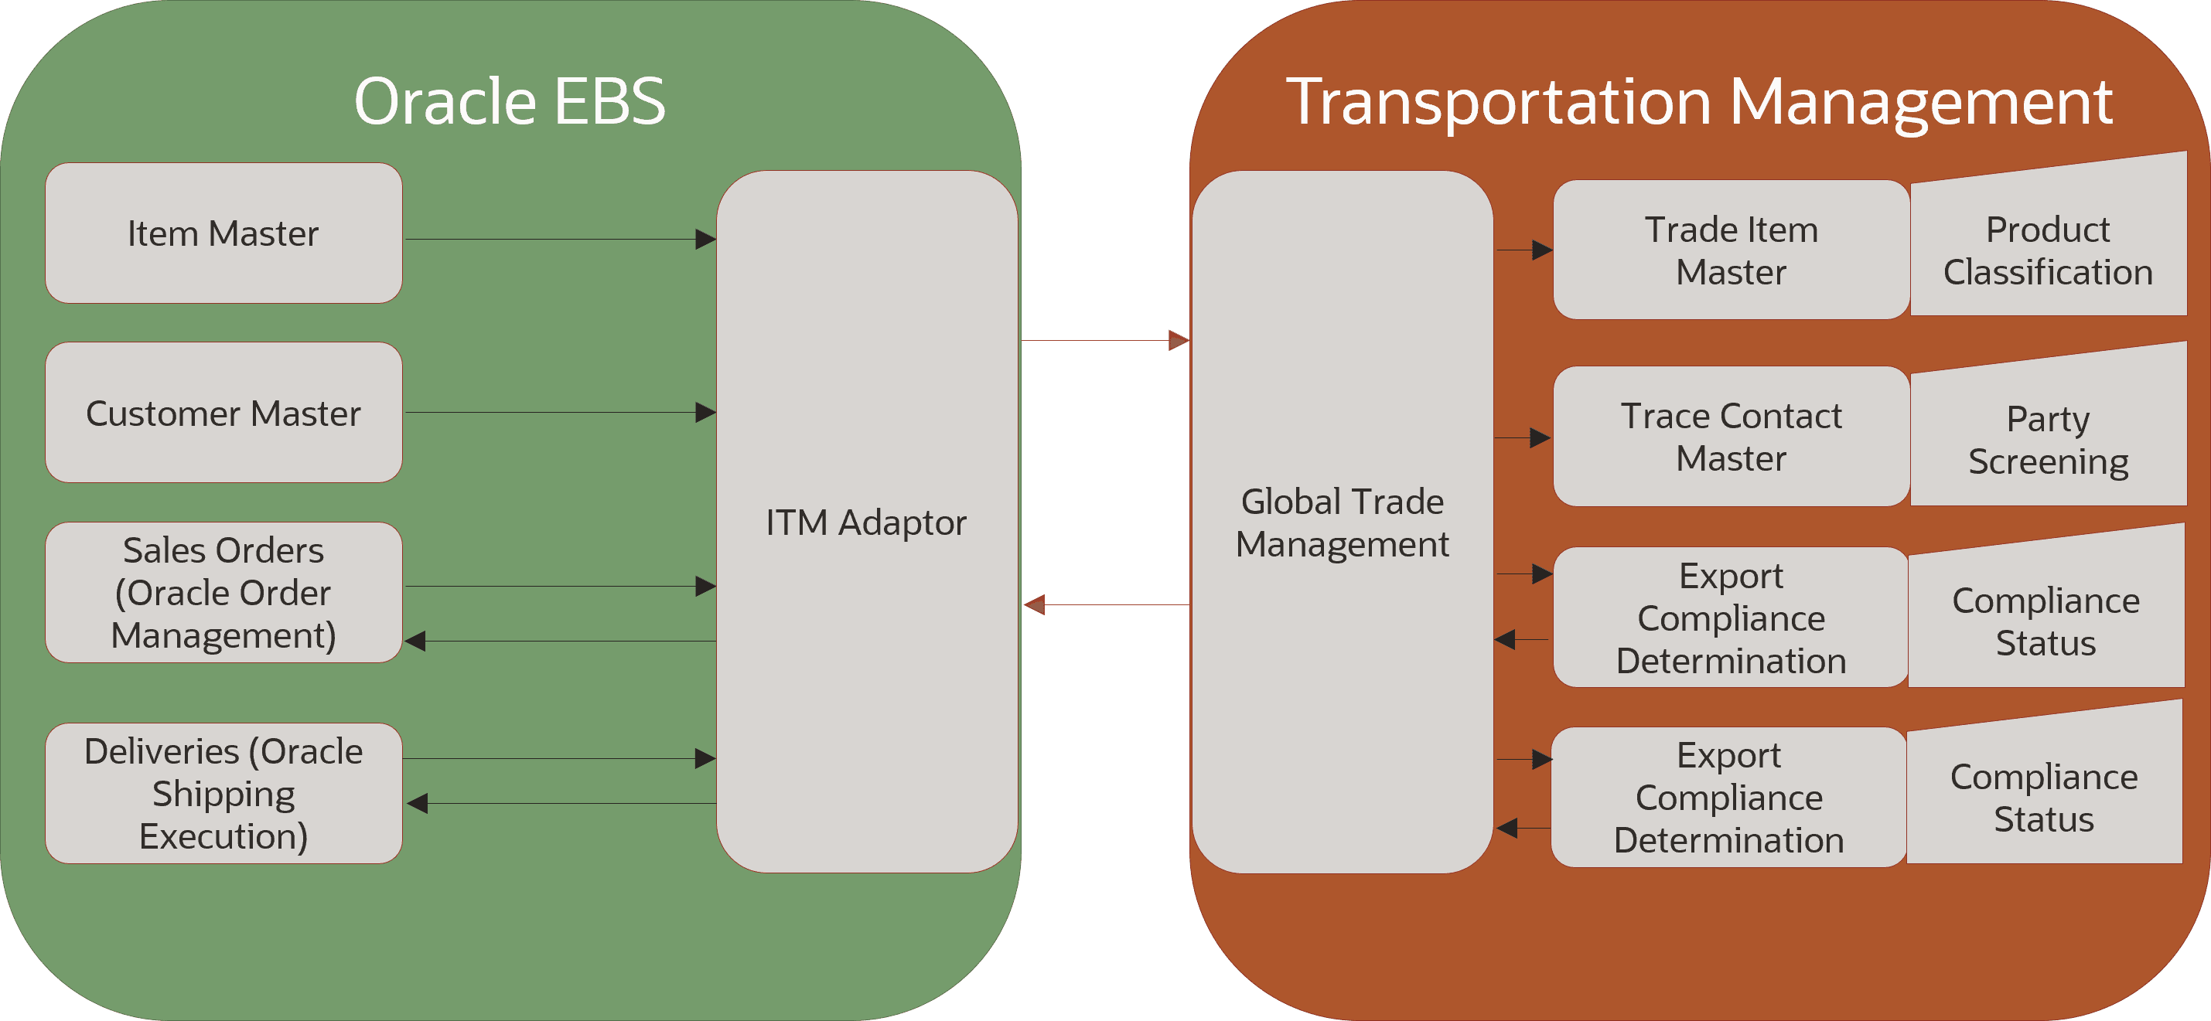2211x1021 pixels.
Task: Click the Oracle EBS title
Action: click(510, 101)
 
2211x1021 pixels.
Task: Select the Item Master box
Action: click(223, 233)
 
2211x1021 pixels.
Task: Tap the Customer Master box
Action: click(223, 413)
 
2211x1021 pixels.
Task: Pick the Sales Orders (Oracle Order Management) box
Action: click(223, 592)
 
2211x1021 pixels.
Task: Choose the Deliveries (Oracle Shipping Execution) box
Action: click(223, 794)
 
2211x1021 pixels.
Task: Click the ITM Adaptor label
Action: click(866, 522)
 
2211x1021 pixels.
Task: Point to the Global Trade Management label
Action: click(1343, 522)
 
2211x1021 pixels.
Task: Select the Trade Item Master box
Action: click(1732, 250)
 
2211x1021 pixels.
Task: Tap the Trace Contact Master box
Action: click(1732, 437)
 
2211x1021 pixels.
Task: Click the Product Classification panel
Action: click(2048, 250)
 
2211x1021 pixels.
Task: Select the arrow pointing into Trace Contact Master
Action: click(1523, 437)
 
